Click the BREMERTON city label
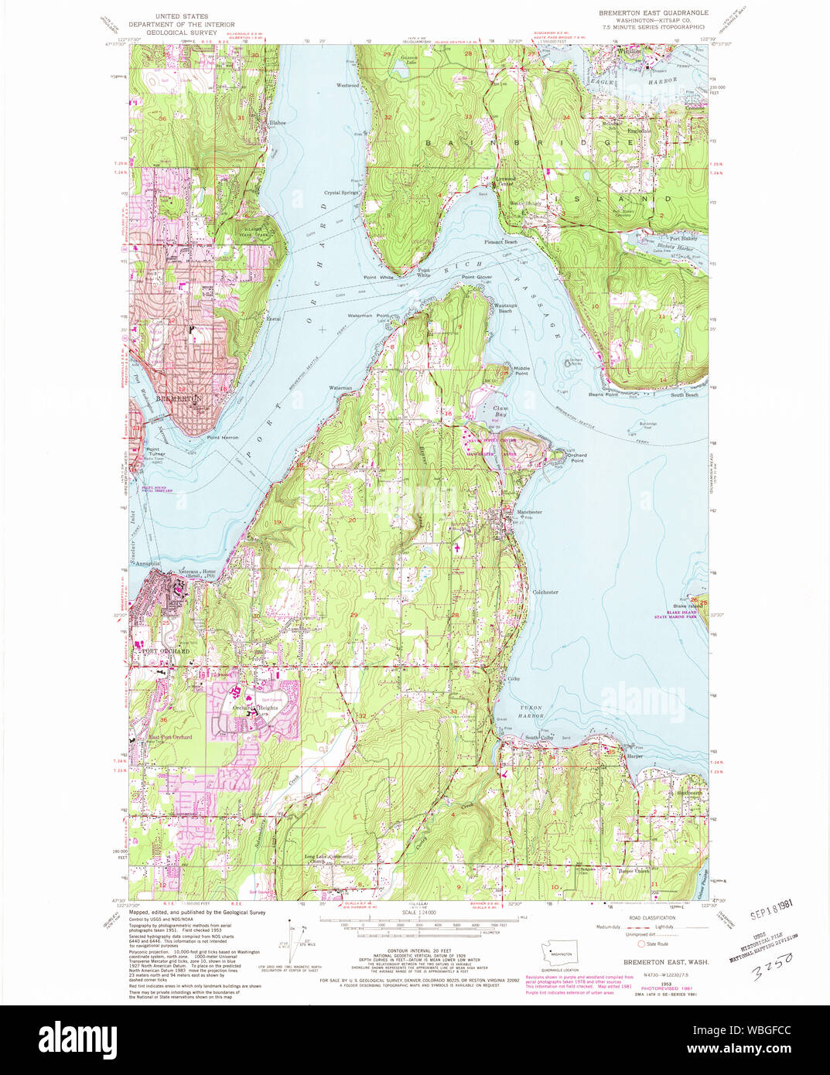pyautogui.click(x=179, y=398)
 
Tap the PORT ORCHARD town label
pyautogui.click(x=165, y=651)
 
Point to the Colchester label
pyautogui.click(x=545, y=592)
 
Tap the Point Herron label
pyautogui.click(x=222, y=438)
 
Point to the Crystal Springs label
pyautogui.click(x=341, y=193)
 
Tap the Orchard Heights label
pyautogui.click(x=255, y=708)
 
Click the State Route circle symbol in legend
pyautogui.click(x=640, y=944)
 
